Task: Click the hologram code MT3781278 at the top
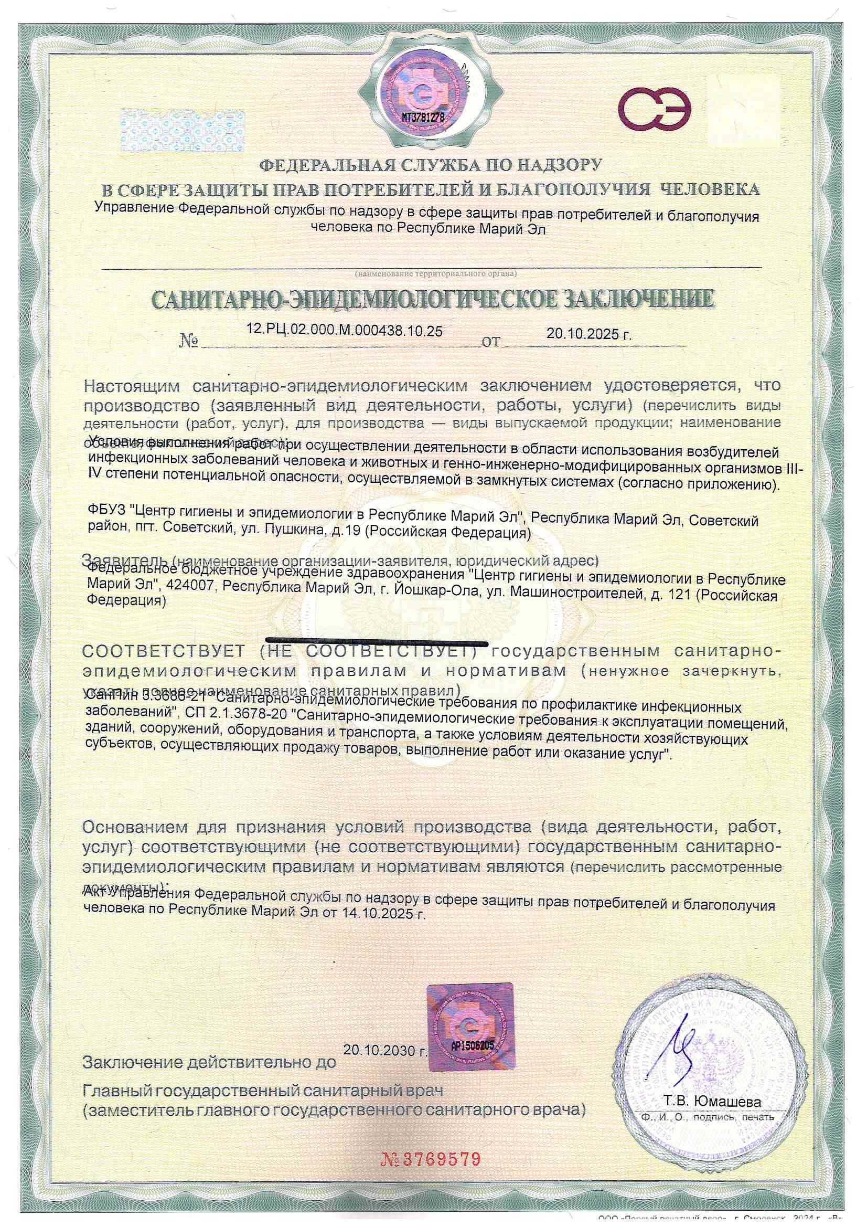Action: coord(423,117)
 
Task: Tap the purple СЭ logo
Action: coord(655,110)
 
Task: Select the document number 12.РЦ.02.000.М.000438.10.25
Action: coord(345,331)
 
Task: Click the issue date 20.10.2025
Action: coord(588,334)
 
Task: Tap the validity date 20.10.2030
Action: coord(385,1050)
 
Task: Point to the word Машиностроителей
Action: coord(576,592)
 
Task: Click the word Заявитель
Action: coord(125,559)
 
